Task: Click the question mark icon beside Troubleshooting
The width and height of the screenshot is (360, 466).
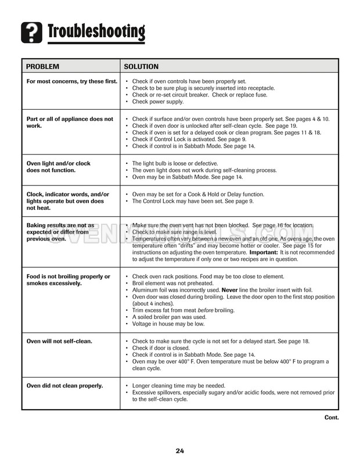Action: (x=33, y=31)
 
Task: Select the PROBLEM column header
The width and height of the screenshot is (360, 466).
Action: (x=44, y=66)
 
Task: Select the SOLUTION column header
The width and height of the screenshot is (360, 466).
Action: (x=142, y=66)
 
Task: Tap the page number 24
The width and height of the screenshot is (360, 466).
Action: (x=180, y=451)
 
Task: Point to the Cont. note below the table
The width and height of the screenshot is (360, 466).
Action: (x=331, y=417)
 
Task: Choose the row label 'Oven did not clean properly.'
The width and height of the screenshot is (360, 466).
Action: (x=64, y=386)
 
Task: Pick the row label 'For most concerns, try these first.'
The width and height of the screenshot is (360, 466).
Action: (x=72, y=81)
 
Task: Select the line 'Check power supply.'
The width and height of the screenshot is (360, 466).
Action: (x=158, y=102)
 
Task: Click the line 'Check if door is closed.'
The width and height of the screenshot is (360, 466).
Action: (x=164, y=347)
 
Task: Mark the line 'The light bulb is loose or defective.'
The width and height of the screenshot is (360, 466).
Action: (x=175, y=164)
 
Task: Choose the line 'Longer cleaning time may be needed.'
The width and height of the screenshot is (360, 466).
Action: (x=179, y=386)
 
